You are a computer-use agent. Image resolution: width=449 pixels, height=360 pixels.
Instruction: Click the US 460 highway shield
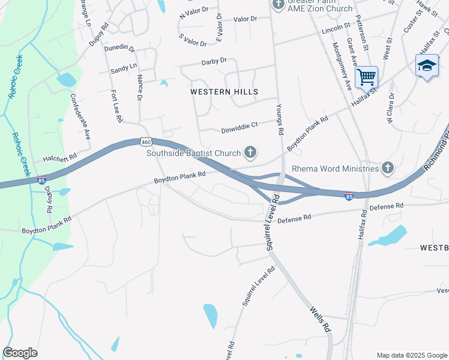tap(145, 142)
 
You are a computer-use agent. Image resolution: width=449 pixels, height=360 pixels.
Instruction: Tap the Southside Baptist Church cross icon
tap(250, 154)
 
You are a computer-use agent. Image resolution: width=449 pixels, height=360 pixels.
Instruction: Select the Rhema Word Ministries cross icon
tap(388, 169)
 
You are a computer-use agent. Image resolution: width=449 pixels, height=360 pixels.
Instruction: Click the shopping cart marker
tap(366, 77)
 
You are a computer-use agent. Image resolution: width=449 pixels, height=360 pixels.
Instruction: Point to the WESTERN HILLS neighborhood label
tap(224, 92)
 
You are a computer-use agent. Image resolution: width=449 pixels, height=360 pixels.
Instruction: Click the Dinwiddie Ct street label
tap(239, 125)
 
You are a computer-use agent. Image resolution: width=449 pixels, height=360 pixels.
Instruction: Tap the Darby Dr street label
tap(214, 61)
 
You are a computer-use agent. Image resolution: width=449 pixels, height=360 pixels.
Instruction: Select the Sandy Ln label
tap(124, 70)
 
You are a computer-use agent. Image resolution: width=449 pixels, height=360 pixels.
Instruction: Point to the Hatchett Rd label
tap(60, 158)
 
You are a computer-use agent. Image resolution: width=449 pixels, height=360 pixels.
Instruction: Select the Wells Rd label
tap(320, 319)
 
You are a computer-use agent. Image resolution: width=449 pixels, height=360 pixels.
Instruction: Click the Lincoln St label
tap(336, 28)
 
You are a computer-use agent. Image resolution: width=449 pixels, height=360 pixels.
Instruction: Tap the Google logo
tap(20, 353)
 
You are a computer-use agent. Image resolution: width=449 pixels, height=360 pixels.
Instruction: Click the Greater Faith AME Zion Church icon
tap(278, 5)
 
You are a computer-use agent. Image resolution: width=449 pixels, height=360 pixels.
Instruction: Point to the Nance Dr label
tap(139, 87)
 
